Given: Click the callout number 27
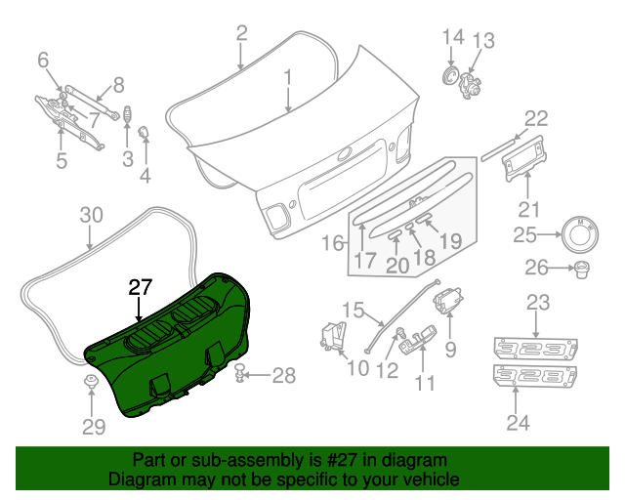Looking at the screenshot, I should [x=141, y=287].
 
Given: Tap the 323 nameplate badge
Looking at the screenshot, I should [x=535, y=348].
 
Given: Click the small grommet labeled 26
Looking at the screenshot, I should [x=582, y=268].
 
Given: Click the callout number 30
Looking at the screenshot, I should [x=90, y=215].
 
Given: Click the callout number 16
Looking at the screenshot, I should [x=332, y=242].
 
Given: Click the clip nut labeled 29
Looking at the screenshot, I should [x=92, y=384].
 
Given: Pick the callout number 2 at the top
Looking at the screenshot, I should [x=241, y=35].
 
